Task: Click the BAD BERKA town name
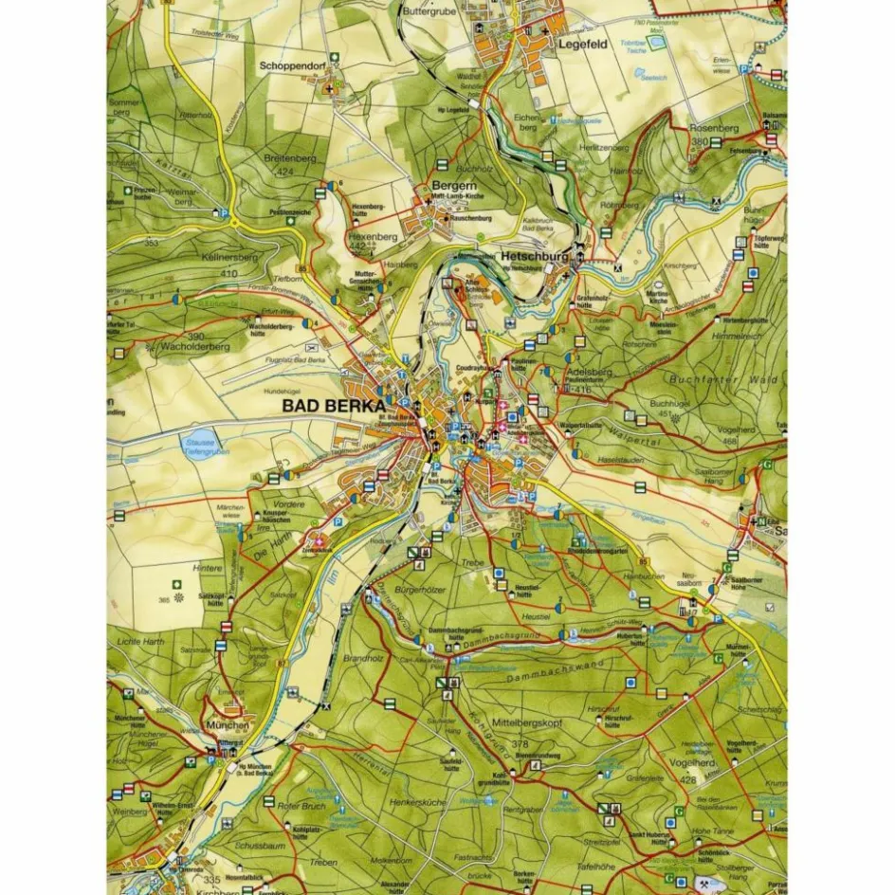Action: coord(334,405)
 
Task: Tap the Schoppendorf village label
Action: coord(294,67)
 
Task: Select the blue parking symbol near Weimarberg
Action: coord(224,215)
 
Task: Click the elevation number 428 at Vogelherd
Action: coord(688,780)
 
